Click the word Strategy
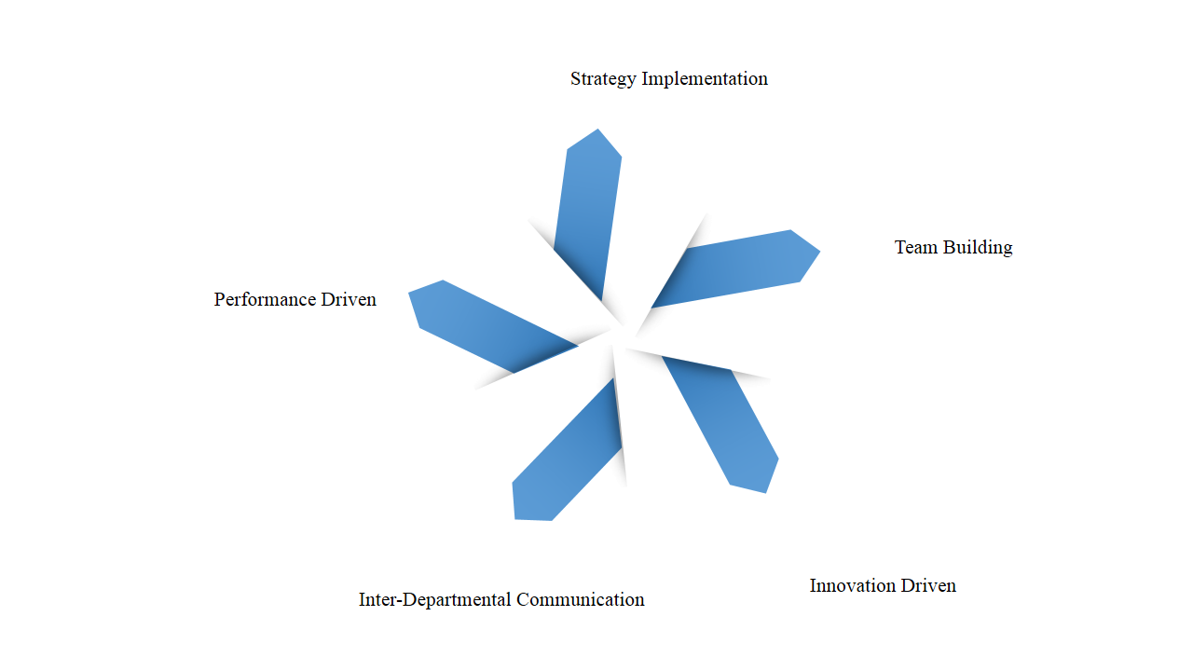coord(603,79)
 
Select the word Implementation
coord(705,79)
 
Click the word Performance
coord(265,299)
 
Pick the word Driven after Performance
coord(349,299)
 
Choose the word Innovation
coord(853,586)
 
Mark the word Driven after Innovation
coord(928,586)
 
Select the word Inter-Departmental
coord(435,600)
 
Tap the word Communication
coord(581,599)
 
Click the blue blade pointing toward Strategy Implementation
coord(588,214)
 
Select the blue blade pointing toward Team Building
coord(735,269)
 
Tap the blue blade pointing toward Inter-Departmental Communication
coord(567,449)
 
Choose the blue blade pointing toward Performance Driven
coord(493,326)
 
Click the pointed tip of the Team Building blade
coord(820,251)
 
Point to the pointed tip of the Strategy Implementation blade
coord(597,129)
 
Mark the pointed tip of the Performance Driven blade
coord(409,293)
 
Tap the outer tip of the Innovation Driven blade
coord(766,493)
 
